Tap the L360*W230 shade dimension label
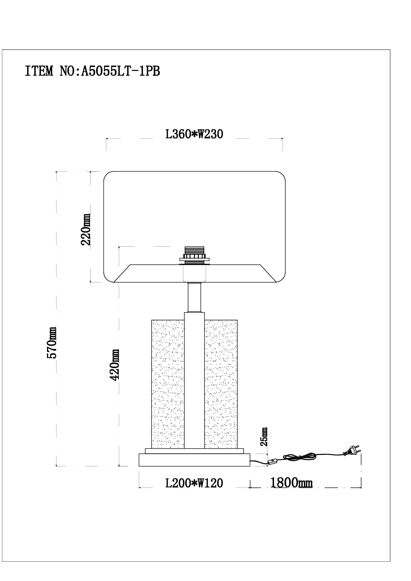(194, 134)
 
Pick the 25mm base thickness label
(264, 437)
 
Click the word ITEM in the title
(39, 71)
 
